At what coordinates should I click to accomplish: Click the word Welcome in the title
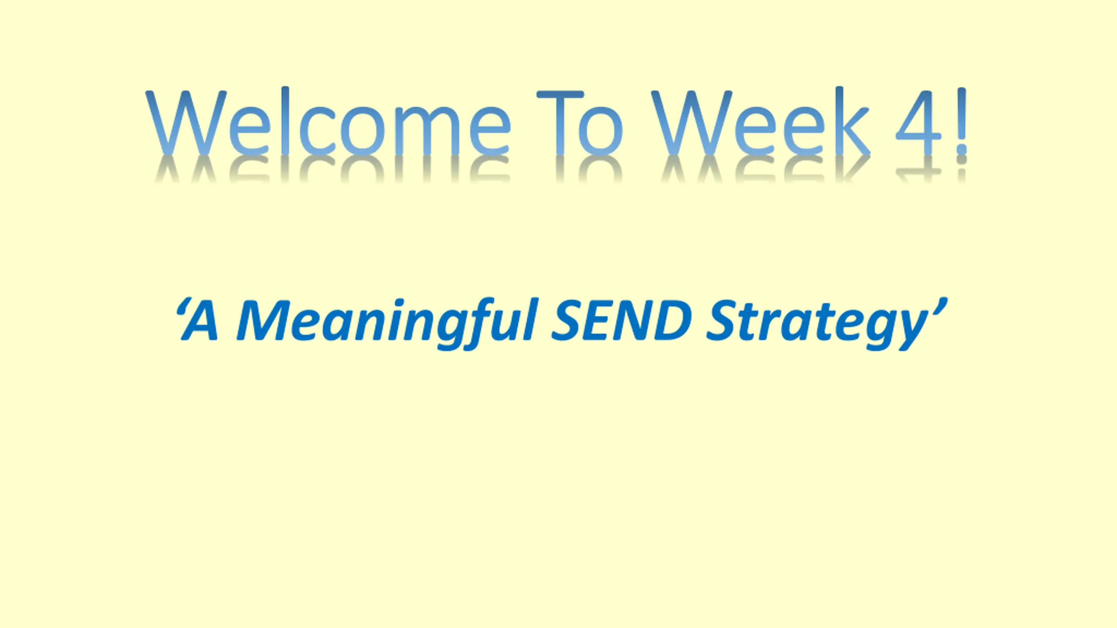[x=328, y=122]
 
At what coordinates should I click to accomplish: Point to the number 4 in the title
[x=919, y=123]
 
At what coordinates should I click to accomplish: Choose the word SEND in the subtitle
[x=622, y=320]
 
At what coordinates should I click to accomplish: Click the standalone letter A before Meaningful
[x=201, y=321]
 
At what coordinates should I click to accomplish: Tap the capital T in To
[x=560, y=123]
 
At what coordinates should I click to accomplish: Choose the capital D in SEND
[x=672, y=321]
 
